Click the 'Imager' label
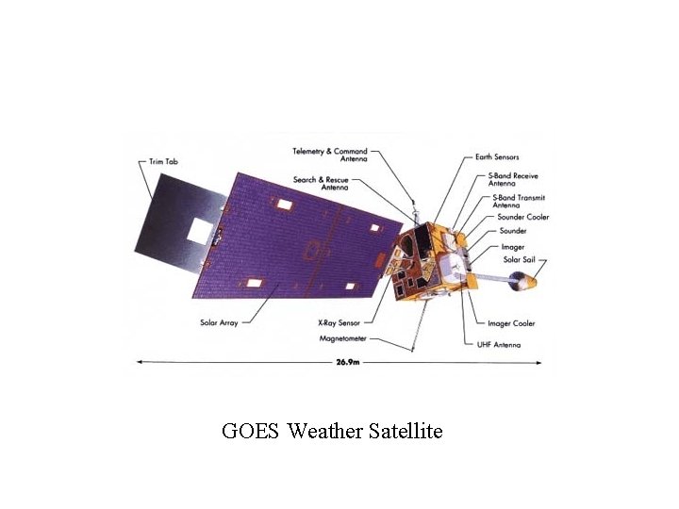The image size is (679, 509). click(x=513, y=246)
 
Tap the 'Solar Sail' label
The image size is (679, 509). click(x=519, y=259)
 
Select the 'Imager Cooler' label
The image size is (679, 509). click(x=511, y=323)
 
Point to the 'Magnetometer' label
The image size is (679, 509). click(x=342, y=339)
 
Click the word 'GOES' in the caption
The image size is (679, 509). click(x=251, y=432)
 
